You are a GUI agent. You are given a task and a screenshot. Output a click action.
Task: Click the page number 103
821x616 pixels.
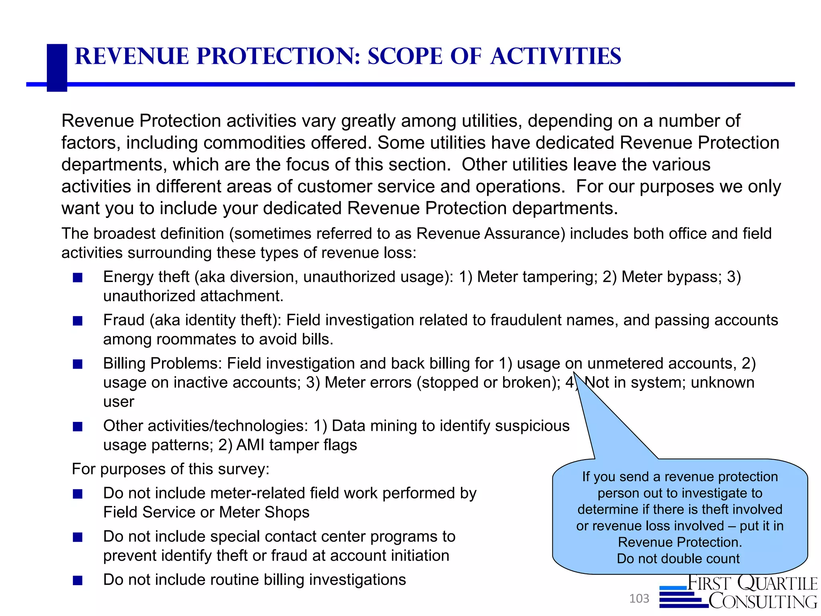639,599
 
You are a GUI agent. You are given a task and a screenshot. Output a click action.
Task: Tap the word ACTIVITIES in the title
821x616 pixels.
556,56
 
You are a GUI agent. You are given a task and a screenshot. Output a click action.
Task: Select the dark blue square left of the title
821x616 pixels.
57,67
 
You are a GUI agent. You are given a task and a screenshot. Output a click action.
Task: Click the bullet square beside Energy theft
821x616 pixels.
78,278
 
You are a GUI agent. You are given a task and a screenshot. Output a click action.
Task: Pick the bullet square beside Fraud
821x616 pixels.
78,321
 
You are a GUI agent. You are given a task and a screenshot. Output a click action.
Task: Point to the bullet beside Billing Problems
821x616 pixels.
78,364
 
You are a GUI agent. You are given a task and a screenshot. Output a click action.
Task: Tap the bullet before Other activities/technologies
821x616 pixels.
78,427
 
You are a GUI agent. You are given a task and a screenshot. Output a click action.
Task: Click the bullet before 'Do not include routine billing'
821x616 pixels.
78,580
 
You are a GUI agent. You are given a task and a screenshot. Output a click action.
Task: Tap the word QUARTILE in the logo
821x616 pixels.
777,584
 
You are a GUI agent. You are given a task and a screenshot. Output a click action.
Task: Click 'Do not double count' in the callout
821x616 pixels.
678,559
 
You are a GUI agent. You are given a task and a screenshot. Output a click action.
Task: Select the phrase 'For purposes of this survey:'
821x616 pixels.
170,469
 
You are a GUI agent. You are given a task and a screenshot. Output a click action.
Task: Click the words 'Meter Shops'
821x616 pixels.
264,513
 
